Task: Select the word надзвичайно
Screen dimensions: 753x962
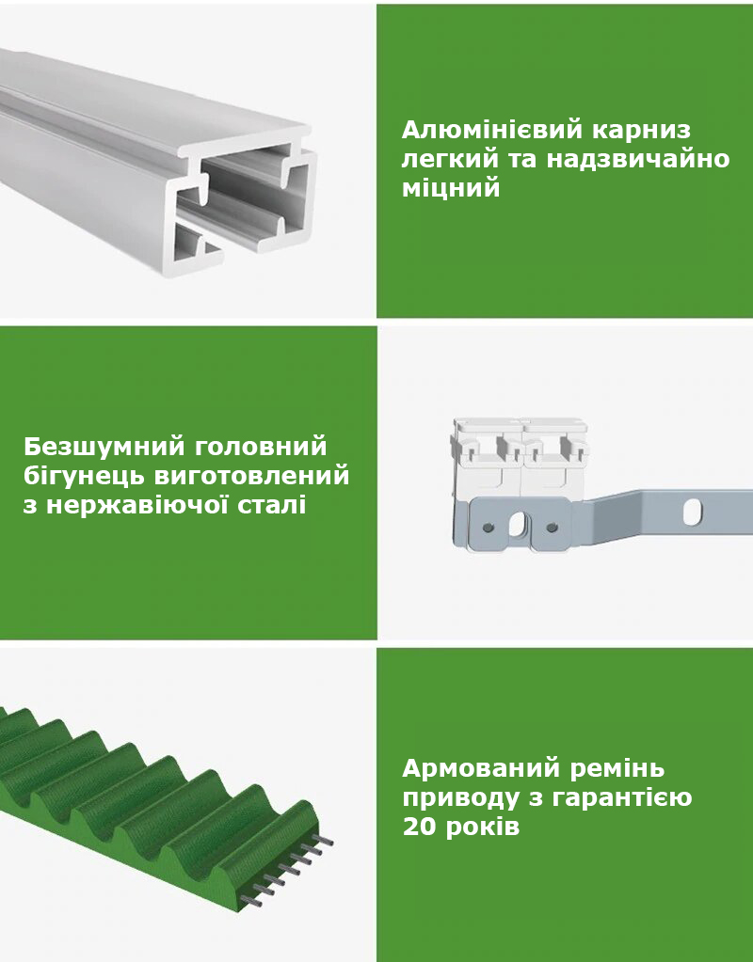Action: (638, 159)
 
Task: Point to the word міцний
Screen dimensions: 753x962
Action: (451, 188)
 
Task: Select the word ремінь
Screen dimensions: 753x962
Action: (617, 768)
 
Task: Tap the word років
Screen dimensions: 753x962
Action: (483, 827)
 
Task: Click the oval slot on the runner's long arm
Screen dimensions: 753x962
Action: (693, 512)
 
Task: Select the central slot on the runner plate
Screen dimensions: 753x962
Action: (519, 525)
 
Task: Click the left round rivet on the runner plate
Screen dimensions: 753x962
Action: (489, 527)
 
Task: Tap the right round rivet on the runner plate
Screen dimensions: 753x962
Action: (552, 527)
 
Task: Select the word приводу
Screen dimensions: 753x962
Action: (461, 798)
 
